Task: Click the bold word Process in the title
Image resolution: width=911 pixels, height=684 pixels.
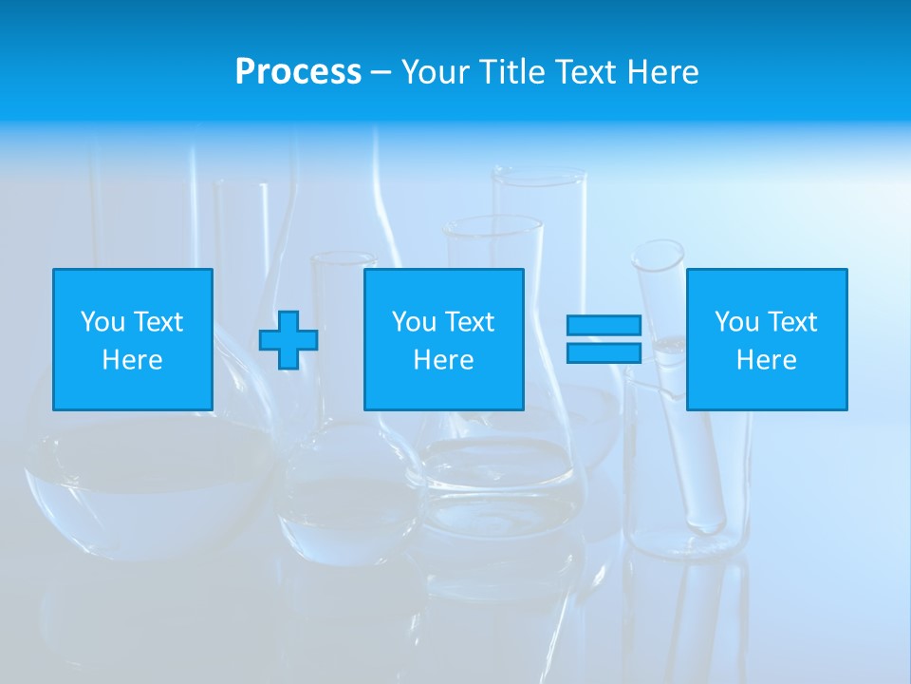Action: click(x=298, y=71)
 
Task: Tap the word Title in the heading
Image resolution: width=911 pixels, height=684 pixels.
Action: click(x=511, y=71)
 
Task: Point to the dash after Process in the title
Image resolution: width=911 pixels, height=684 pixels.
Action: click(x=381, y=72)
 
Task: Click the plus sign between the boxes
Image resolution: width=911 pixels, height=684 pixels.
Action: click(x=288, y=340)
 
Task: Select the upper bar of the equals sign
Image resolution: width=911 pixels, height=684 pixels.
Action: click(x=604, y=326)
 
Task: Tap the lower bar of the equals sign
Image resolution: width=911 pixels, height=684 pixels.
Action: click(x=604, y=353)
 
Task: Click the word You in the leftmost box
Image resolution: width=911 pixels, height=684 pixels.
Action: click(x=102, y=322)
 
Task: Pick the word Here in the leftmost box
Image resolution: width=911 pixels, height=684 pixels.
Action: click(x=133, y=360)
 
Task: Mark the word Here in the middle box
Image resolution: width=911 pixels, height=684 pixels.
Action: click(x=444, y=360)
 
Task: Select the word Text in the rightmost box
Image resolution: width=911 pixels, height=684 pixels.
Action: click(x=792, y=322)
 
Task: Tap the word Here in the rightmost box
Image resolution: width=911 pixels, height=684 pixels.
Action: click(x=767, y=360)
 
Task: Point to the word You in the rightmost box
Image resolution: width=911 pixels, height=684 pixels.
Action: click(x=736, y=322)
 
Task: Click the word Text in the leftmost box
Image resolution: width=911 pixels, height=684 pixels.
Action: click(x=158, y=322)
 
